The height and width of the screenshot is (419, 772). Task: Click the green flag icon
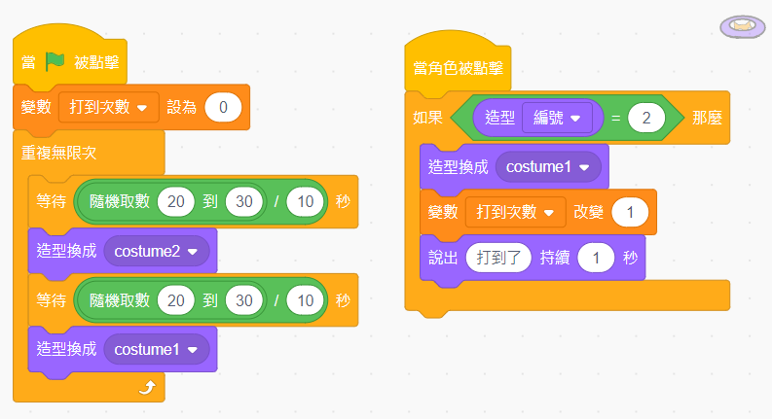(x=55, y=63)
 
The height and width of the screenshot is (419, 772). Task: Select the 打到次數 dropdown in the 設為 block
(x=108, y=107)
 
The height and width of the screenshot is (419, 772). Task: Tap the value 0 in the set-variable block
(x=223, y=107)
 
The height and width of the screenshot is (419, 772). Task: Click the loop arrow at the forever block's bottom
(x=147, y=388)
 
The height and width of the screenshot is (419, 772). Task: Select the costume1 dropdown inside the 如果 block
(x=548, y=166)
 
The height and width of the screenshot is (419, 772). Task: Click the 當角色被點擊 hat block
(x=458, y=68)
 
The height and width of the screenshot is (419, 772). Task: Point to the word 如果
(x=428, y=118)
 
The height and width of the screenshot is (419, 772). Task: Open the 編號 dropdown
(x=556, y=118)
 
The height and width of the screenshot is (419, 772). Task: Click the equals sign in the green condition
(x=614, y=118)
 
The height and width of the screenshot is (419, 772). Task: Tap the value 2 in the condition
(x=644, y=118)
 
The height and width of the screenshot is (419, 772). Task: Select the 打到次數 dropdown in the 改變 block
(x=515, y=211)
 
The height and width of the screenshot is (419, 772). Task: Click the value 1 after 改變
(x=630, y=211)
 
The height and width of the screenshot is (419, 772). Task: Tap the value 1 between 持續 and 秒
(x=596, y=259)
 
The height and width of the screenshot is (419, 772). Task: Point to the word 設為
(x=181, y=107)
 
